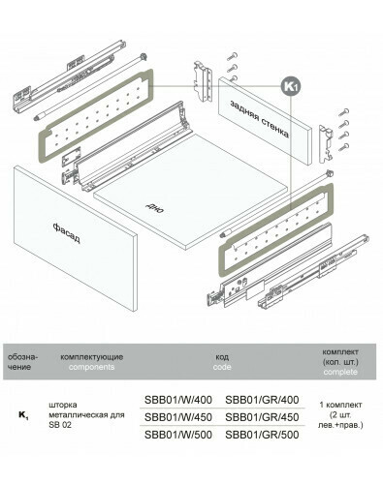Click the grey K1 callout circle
pyautogui.click(x=291, y=86)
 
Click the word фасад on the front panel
pyautogui.click(x=66, y=232)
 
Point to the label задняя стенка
pyautogui.click(x=259, y=119)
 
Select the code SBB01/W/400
pyautogui.click(x=178, y=400)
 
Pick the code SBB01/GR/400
pyautogui.click(x=262, y=400)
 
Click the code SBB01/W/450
pyautogui.click(x=178, y=417)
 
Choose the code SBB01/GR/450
pyautogui.click(x=262, y=417)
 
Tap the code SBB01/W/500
pyautogui.click(x=178, y=435)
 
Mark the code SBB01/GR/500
pyautogui.click(x=262, y=435)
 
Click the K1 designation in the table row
pyautogui.click(x=23, y=415)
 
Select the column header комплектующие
pyautogui.click(x=92, y=357)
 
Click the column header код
pyautogui.click(x=222, y=357)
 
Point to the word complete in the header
pyautogui.click(x=340, y=372)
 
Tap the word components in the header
pyautogui.click(x=91, y=367)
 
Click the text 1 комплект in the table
pyautogui.click(x=340, y=405)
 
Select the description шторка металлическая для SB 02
pyautogui.click(x=86, y=414)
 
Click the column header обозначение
pyautogui.click(x=22, y=362)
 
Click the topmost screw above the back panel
pyautogui.click(x=233, y=57)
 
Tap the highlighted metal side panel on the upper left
pyautogui.click(x=96, y=115)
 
